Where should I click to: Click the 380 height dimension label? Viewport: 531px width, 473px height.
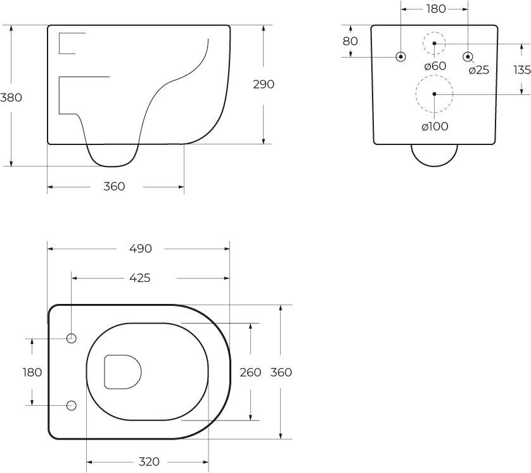click(x=11, y=98)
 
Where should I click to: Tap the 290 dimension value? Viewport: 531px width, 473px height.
click(x=264, y=84)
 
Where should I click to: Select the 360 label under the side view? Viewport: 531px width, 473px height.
click(x=114, y=186)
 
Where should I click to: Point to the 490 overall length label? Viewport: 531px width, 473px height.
click(x=141, y=249)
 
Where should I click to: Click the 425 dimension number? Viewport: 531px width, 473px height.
click(x=140, y=278)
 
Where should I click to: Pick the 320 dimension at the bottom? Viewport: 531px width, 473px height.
click(x=149, y=462)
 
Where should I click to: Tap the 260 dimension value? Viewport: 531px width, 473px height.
click(x=250, y=372)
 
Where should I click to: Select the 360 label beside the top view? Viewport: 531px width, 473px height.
click(x=281, y=372)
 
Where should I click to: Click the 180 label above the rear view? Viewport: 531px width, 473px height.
click(x=436, y=9)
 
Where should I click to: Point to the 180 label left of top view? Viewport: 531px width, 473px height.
click(x=32, y=372)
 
